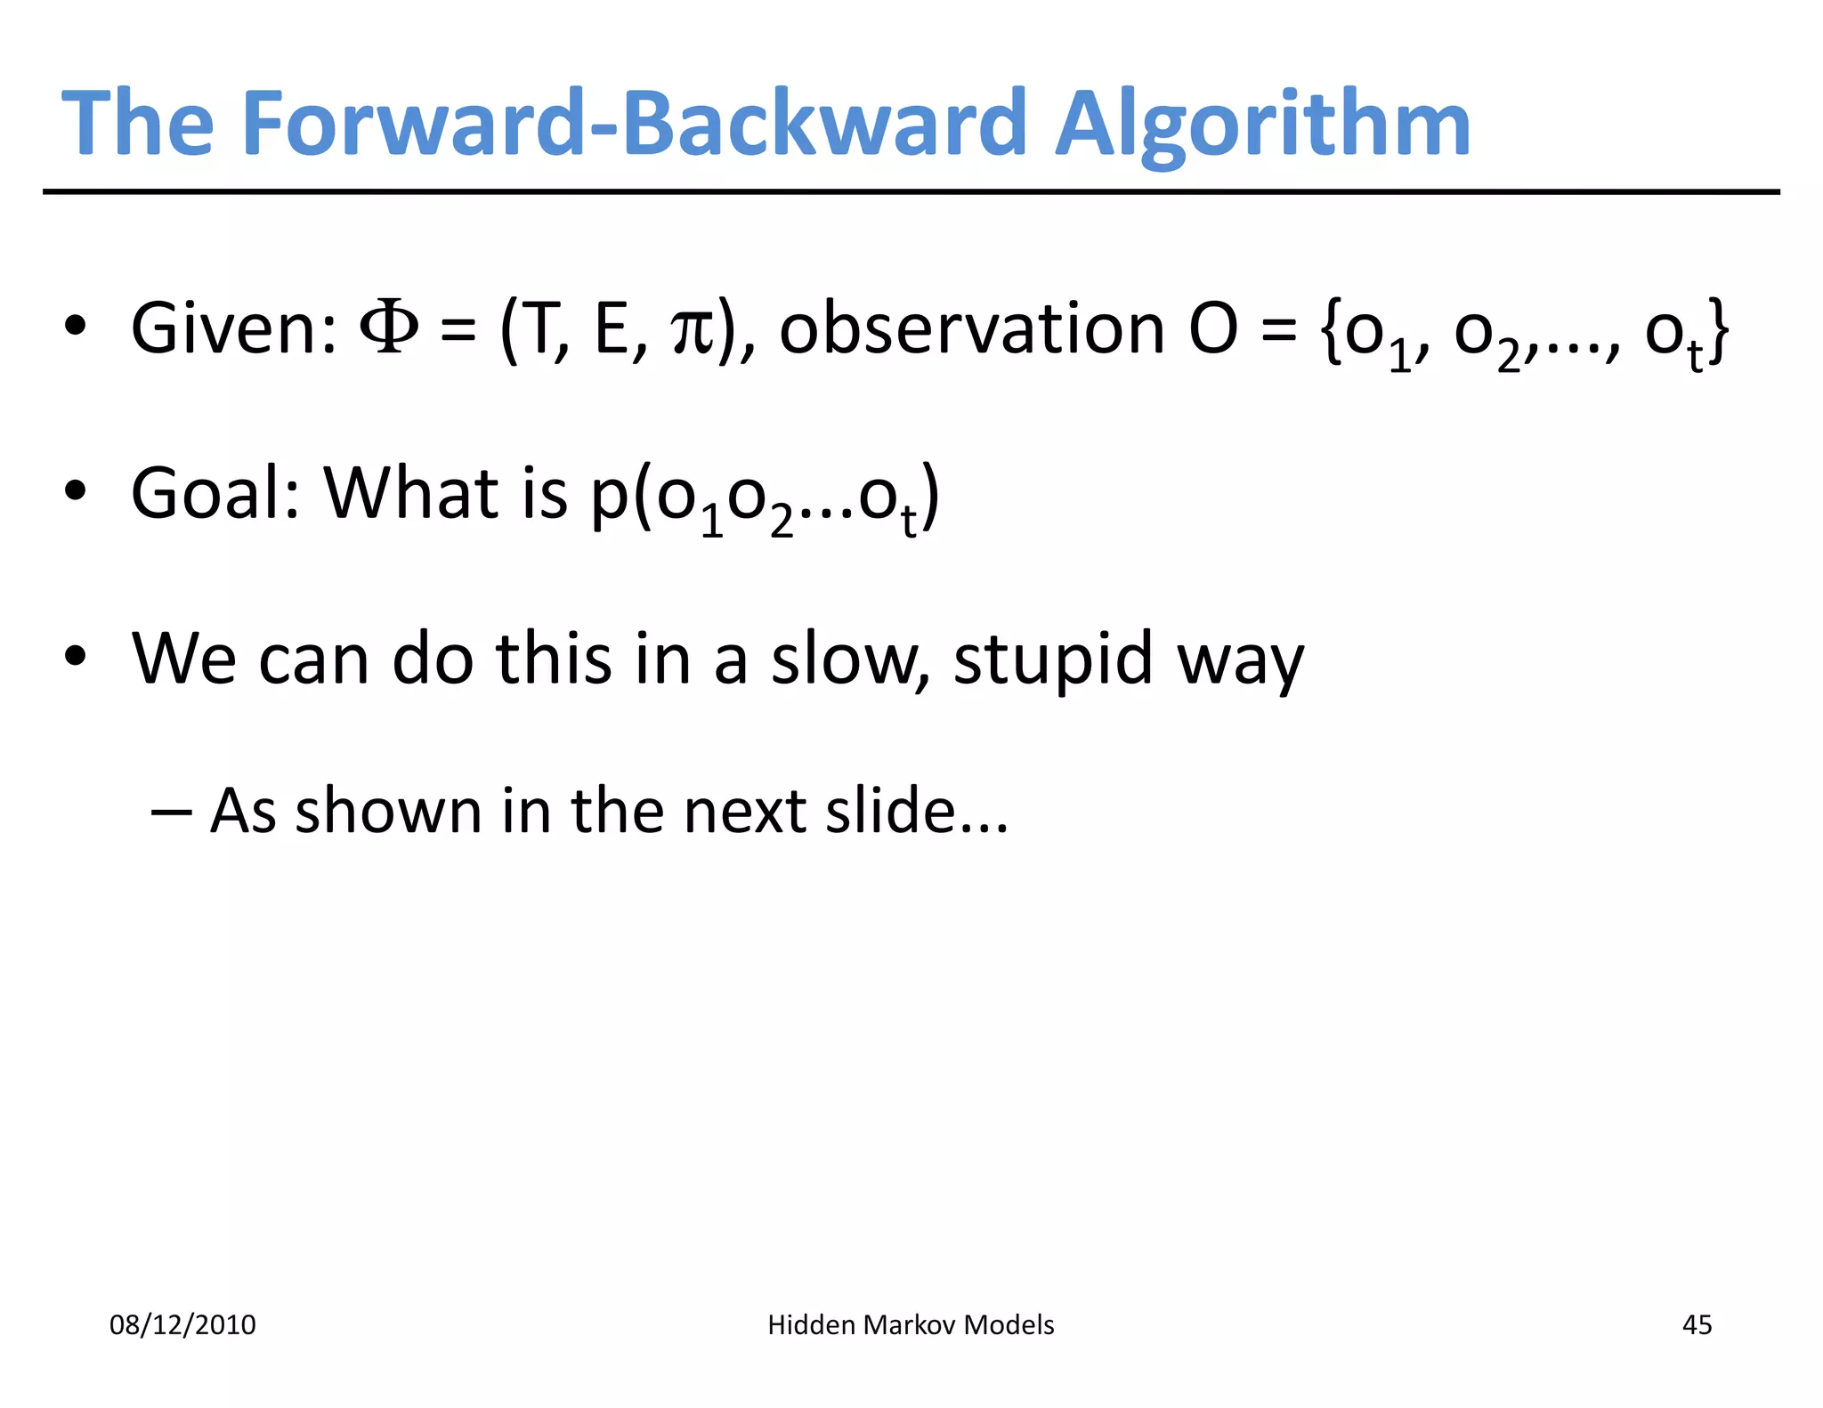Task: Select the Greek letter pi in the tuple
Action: coord(693,331)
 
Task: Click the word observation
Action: coord(972,328)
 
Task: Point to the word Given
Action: coord(233,328)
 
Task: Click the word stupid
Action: coord(1053,660)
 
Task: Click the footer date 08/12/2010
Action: coord(182,1325)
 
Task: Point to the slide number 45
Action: coord(1697,1325)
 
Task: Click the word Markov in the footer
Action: coord(910,1325)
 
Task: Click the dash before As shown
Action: coord(171,811)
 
